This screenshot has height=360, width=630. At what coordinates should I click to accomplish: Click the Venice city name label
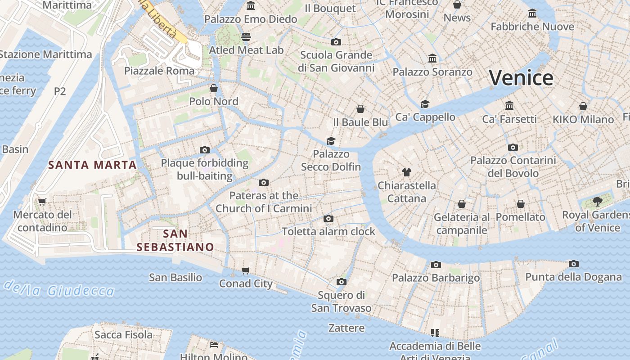tap(521, 78)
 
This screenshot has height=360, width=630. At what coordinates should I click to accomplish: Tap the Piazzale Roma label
tap(159, 71)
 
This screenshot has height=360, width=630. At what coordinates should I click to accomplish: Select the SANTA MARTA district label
tap(92, 165)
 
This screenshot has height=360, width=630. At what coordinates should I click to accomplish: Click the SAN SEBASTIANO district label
tap(175, 240)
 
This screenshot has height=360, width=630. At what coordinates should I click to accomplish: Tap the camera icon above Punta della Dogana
tap(573, 264)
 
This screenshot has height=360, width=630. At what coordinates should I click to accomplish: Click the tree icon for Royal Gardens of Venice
tap(597, 201)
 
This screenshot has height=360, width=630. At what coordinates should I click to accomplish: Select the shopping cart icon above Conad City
tap(245, 270)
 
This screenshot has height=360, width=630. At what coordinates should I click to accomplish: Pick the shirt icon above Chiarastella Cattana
tap(407, 172)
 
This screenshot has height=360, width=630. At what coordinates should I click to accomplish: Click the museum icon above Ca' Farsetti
tap(509, 105)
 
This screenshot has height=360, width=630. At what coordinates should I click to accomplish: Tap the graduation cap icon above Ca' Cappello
tap(425, 104)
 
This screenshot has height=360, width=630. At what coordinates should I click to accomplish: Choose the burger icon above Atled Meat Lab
tap(246, 36)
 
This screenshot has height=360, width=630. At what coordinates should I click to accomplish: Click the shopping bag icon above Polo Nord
tap(214, 88)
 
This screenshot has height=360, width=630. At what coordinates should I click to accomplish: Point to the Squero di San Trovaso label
tap(341, 301)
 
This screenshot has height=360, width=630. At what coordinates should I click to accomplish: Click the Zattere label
tap(346, 328)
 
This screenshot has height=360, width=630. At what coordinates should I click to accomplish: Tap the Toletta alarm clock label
tap(328, 231)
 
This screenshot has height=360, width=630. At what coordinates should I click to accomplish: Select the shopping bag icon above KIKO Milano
tap(583, 106)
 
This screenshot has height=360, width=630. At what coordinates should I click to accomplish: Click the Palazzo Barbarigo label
tap(436, 278)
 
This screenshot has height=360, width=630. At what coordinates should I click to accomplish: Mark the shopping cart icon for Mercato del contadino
tap(42, 202)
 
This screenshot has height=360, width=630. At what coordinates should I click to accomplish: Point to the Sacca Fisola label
tap(123, 334)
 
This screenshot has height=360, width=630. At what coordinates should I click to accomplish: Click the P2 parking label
tap(60, 91)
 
